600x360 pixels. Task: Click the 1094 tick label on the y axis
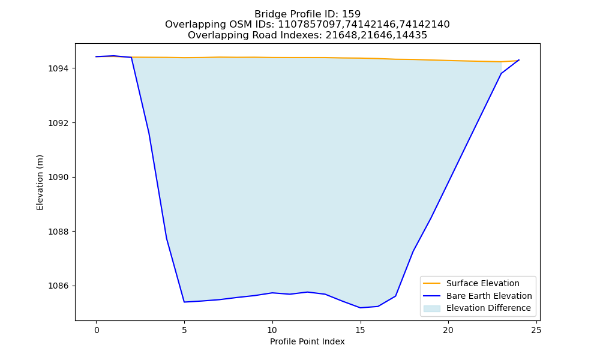click(x=58, y=69)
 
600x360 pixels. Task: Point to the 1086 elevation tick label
click(x=58, y=286)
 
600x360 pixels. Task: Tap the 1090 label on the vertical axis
click(x=58, y=178)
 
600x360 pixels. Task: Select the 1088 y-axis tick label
click(x=58, y=232)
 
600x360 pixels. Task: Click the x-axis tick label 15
click(x=360, y=330)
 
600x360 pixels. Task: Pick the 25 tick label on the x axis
click(x=536, y=330)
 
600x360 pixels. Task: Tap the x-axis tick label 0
click(x=96, y=330)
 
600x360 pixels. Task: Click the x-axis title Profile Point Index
click(x=307, y=341)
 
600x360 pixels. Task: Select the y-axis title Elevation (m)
click(x=40, y=182)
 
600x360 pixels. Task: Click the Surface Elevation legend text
click(x=482, y=283)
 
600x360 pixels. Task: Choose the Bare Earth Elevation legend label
click(x=489, y=296)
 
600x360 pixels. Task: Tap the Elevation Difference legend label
click(x=488, y=308)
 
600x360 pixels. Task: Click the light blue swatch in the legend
click(x=431, y=308)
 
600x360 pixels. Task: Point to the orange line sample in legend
click(x=431, y=283)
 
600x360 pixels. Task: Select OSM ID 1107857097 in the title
click(x=310, y=25)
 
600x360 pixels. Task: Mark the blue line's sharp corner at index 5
click(x=184, y=302)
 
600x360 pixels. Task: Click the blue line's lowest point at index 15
click(x=360, y=308)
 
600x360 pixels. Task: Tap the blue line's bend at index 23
click(x=501, y=73)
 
